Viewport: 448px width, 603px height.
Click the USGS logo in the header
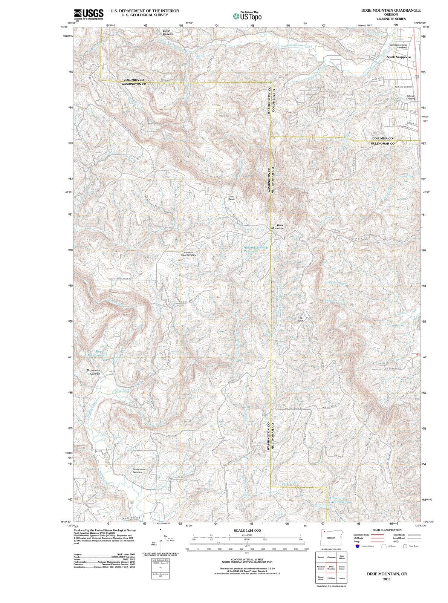(x=89, y=15)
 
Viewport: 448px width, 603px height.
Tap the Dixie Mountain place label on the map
(x=278, y=227)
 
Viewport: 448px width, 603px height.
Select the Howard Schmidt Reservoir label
(x=256, y=249)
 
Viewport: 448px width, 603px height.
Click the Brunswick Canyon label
(x=93, y=372)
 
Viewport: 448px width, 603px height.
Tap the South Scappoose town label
(x=399, y=57)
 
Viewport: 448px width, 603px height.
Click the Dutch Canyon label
(x=168, y=32)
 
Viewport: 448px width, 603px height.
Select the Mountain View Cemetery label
(x=188, y=254)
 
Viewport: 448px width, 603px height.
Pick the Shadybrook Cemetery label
(x=138, y=471)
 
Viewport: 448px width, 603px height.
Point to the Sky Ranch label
(x=301, y=319)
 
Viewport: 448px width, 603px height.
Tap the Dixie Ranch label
(x=231, y=197)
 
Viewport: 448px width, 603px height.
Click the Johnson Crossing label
(x=411, y=97)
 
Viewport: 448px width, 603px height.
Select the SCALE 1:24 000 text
(x=247, y=530)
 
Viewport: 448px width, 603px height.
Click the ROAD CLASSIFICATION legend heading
(x=387, y=530)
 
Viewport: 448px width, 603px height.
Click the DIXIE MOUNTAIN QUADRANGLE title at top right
(x=391, y=11)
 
